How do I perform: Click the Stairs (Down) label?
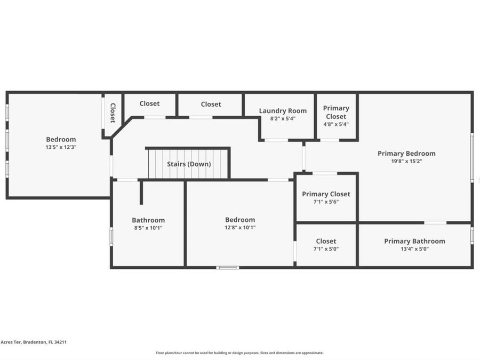(189, 164)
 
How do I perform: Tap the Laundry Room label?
(283, 111)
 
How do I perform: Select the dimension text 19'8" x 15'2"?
(406, 161)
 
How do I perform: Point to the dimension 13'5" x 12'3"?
(61, 147)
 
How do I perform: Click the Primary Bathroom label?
(414, 241)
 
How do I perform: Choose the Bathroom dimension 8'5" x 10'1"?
(148, 228)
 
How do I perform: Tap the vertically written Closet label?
(113, 113)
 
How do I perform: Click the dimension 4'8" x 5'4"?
(336, 124)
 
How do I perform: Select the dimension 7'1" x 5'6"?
(326, 202)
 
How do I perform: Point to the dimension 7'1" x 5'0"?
(326, 249)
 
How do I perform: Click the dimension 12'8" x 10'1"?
(240, 227)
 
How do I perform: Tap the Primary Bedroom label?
(406, 154)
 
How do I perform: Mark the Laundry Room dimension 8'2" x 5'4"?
(283, 118)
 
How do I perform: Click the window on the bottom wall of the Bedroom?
(228, 268)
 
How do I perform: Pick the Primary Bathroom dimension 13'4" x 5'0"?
(414, 249)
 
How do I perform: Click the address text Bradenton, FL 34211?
(45, 342)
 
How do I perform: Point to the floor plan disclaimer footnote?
(239, 353)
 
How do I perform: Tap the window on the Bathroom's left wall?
(111, 236)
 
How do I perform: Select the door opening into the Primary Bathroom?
(435, 222)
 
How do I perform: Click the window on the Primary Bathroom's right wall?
(472, 236)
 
